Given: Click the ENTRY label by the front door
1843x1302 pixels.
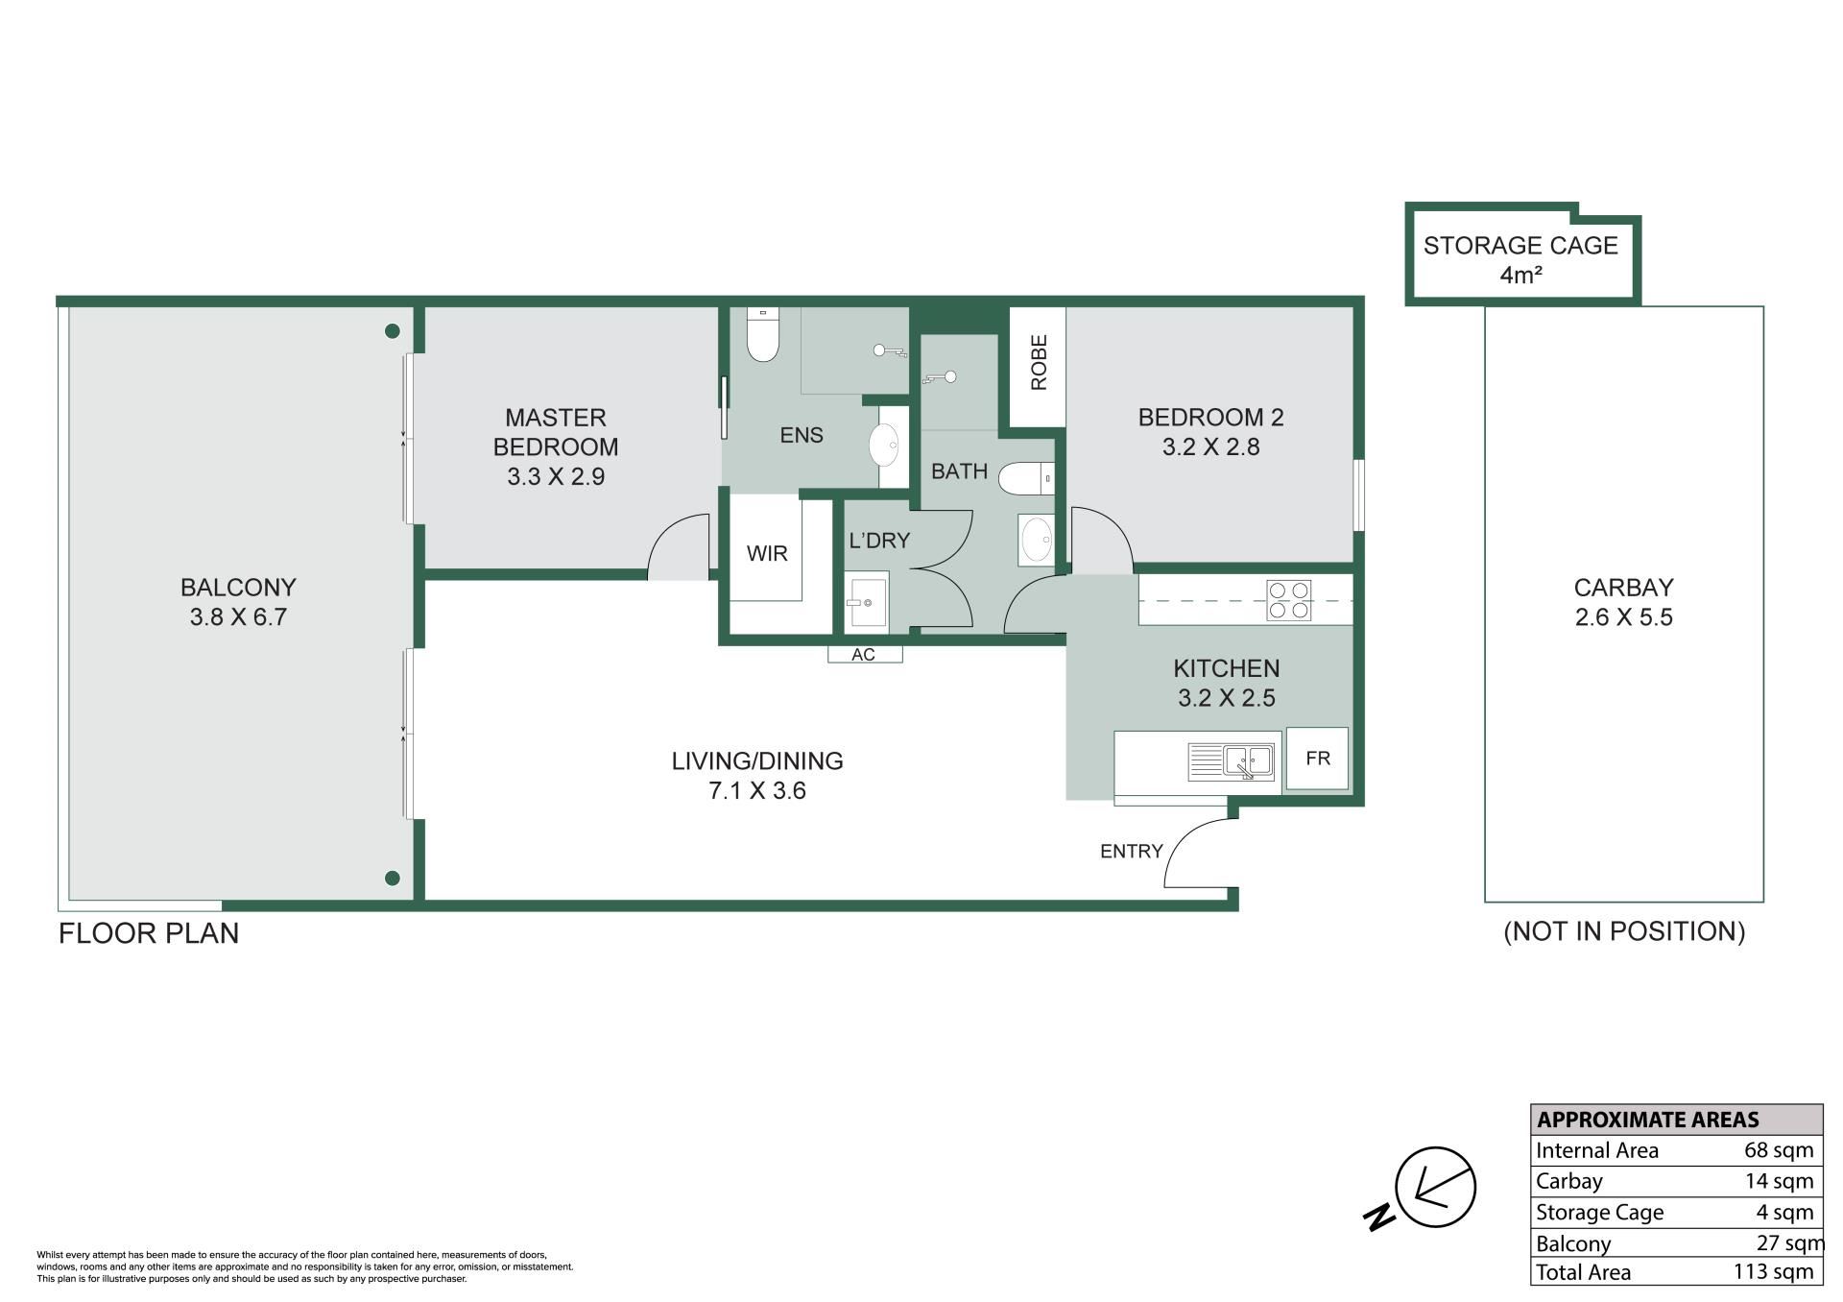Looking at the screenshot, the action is point(1131,851).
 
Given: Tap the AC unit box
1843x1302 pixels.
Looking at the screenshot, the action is point(865,654).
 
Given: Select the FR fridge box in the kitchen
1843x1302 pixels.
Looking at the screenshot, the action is point(1317,759).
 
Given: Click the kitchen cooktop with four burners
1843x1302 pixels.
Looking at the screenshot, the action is point(1288,599).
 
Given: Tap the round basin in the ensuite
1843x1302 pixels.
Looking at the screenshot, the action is point(884,446).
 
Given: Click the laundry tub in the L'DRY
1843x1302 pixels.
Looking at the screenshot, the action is point(866,602).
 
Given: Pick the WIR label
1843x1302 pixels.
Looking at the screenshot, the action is point(767,553).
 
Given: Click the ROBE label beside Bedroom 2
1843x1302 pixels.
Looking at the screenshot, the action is point(1039,362).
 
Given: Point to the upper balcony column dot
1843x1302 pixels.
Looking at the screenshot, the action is point(392,331).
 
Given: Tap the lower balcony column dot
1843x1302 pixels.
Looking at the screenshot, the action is point(392,878).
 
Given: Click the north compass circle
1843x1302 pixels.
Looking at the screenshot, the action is point(1435,1187).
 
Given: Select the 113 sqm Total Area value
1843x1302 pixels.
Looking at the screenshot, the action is point(1774,1272).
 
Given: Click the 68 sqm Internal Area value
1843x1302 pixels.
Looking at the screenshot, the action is point(1779,1150).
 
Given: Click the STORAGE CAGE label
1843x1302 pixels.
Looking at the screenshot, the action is point(1520,246).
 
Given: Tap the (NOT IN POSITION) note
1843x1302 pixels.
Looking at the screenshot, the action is point(1624,931).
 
